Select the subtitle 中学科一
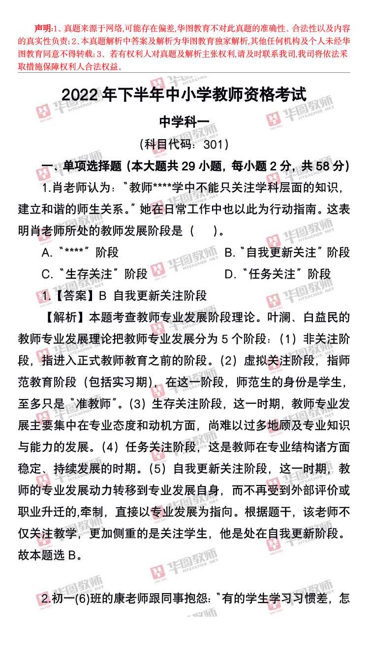point(184,121)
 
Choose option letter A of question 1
point(46,253)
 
